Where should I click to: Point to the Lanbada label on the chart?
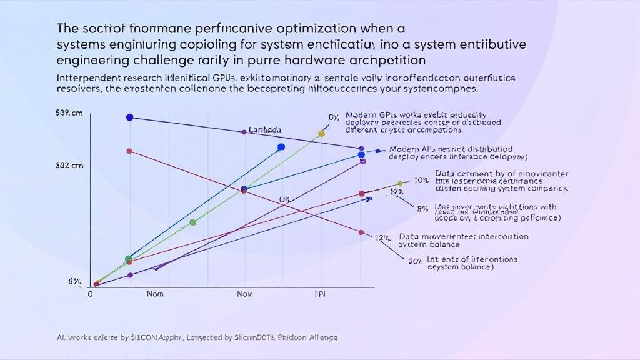[265, 130]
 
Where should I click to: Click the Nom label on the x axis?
[156, 293]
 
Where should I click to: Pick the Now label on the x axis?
[245, 293]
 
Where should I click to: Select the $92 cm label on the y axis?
[69, 166]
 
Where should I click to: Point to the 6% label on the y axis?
[75, 281]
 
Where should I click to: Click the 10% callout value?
[421, 180]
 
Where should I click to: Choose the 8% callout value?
[422, 209]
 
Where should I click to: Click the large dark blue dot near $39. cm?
[129, 117]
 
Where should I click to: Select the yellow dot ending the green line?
[322, 133]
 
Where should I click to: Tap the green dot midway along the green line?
[192, 222]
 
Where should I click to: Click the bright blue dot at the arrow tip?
[281, 147]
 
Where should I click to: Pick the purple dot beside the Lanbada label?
[244, 132]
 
